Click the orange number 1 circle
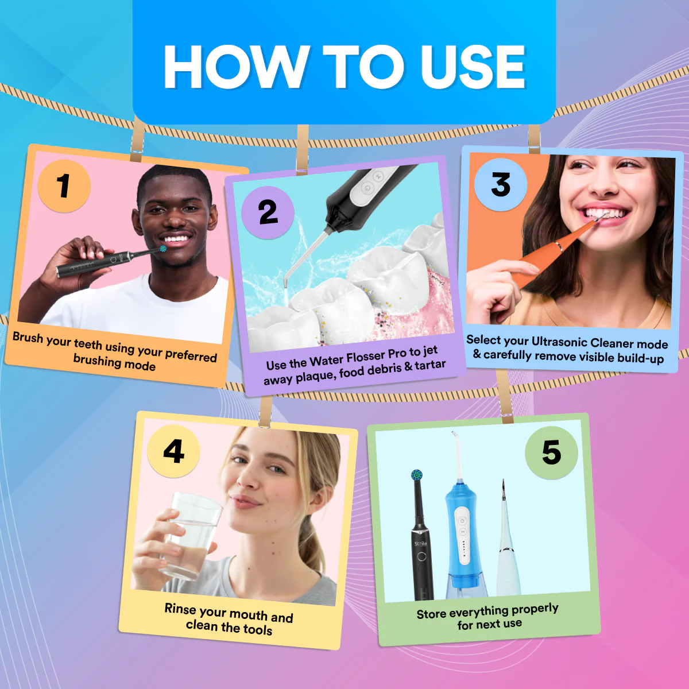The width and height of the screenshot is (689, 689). click(x=64, y=186)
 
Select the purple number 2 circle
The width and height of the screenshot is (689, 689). click(x=268, y=212)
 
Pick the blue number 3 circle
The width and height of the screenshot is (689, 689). click(x=501, y=185)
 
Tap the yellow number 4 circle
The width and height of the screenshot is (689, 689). click(x=173, y=451)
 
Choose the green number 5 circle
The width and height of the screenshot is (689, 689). click(x=551, y=452)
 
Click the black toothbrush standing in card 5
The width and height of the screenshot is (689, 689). click(x=421, y=545)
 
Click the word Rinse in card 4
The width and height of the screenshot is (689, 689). click(x=180, y=609)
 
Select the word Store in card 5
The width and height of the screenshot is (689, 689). click(x=431, y=614)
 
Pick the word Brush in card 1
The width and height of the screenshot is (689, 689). click(x=28, y=338)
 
